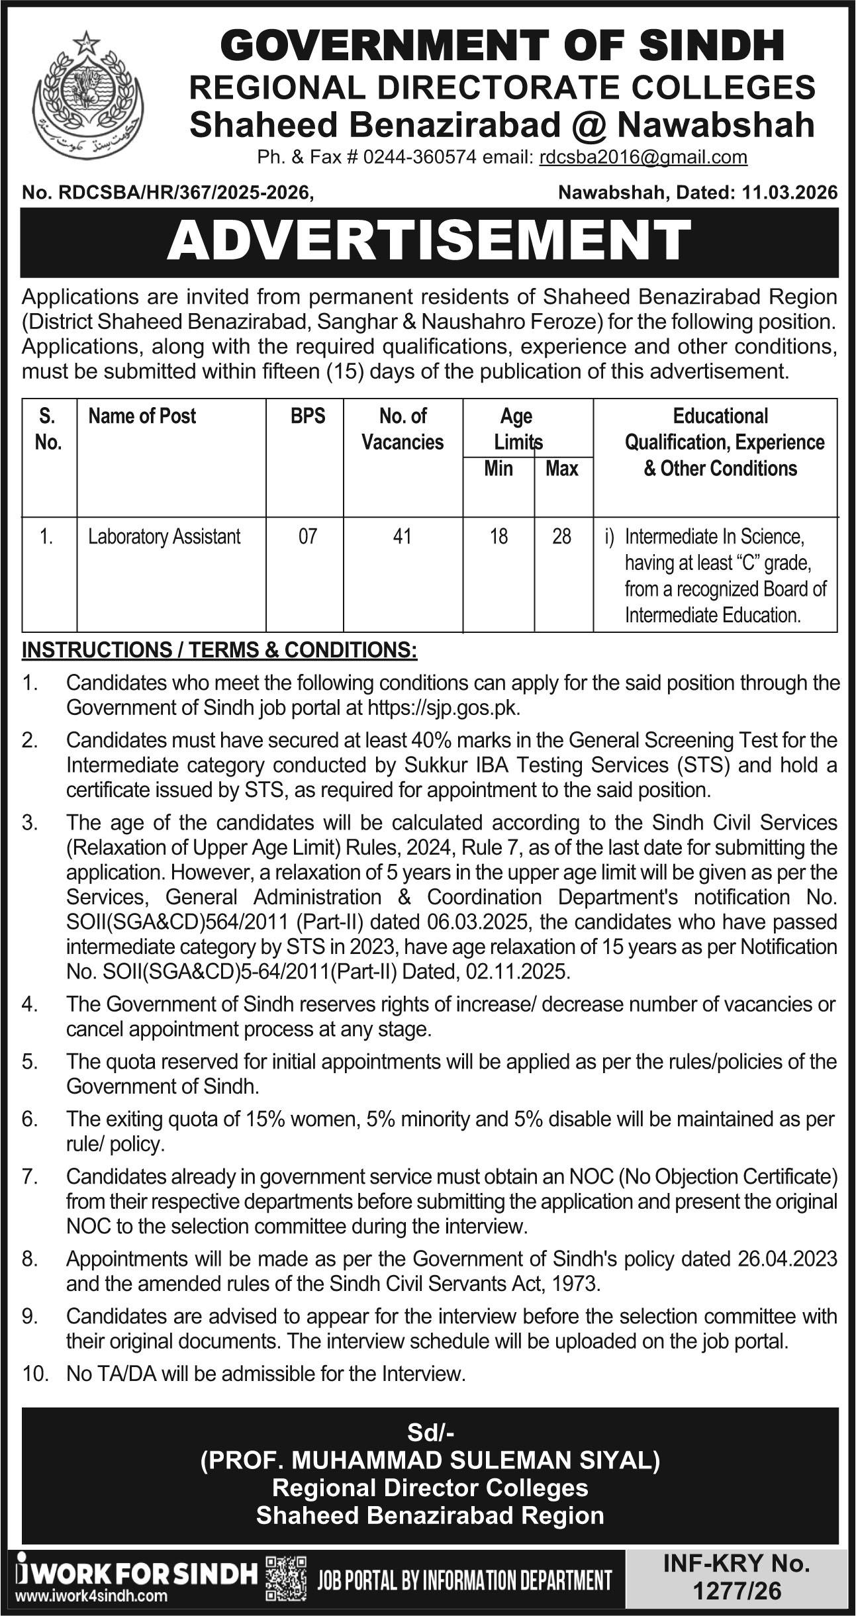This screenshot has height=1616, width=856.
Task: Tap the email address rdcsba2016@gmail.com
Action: tap(643, 158)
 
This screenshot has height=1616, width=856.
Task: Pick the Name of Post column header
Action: tap(142, 416)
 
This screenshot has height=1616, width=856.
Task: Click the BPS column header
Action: tap(307, 416)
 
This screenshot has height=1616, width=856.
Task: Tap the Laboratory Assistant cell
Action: tap(164, 536)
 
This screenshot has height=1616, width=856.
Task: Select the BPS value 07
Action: tap(307, 536)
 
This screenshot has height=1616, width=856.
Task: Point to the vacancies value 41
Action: tap(403, 536)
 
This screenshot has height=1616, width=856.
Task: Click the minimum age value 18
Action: tap(499, 536)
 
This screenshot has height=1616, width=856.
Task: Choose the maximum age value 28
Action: tap(561, 536)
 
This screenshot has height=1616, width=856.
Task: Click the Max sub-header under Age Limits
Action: tap(561, 469)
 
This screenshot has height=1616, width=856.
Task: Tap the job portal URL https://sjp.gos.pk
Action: tap(444, 708)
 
